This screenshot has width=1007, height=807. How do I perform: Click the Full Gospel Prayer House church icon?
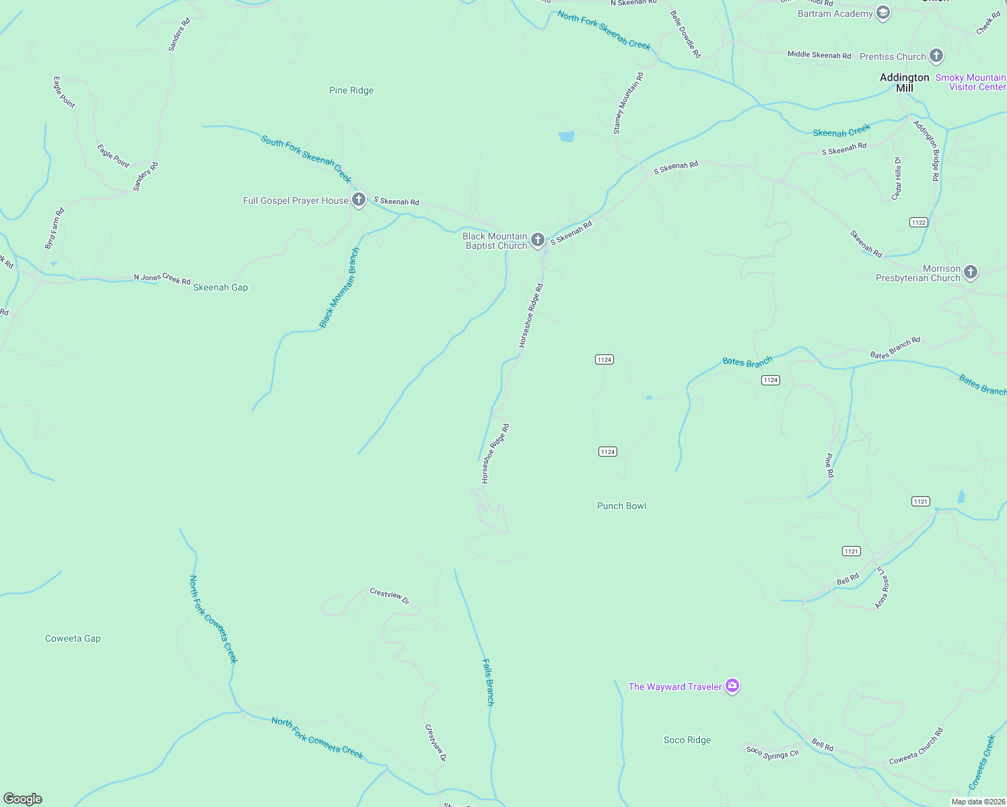click(x=359, y=200)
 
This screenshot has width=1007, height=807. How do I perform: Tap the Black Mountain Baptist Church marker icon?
click(x=537, y=239)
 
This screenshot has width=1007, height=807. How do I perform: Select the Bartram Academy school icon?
click(x=883, y=13)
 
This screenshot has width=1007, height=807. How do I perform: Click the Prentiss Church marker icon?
click(x=936, y=56)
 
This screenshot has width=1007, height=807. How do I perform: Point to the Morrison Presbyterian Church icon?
click(x=970, y=272)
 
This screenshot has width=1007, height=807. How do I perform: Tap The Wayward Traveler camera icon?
click(x=732, y=686)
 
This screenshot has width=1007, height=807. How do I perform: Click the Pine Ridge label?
click(x=351, y=90)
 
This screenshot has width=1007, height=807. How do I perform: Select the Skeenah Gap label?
click(x=220, y=287)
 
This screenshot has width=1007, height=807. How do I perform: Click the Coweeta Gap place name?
click(x=73, y=638)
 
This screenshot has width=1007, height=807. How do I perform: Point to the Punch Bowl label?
click(x=621, y=506)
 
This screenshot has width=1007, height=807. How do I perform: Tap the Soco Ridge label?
click(x=687, y=740)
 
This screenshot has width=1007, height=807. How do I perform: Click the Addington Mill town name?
click(x=904, y=83)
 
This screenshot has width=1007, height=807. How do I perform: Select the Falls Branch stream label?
click(x=489, y=682)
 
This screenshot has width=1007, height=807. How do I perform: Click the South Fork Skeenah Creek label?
click(x=306, y=159)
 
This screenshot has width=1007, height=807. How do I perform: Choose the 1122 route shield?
click(x=918, y=222)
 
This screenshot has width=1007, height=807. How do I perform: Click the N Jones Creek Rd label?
click(x=162, y=278)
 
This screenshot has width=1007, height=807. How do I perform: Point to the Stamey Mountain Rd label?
click(x=628, y=103)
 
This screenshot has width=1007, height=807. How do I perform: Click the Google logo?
click(x=23, y=799)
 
